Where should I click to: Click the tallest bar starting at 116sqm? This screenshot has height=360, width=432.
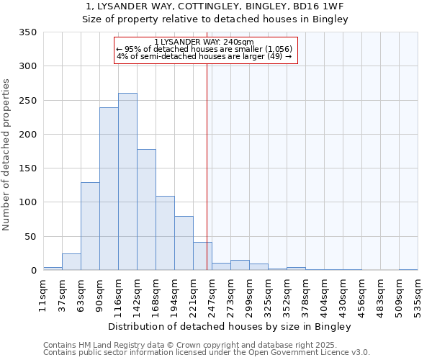coord(127,181)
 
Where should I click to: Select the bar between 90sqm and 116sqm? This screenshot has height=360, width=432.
coord(109,189)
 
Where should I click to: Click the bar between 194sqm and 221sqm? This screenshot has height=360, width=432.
coord(184,243)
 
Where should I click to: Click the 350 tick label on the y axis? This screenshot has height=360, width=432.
coord(27,32)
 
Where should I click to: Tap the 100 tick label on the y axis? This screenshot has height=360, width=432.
coord(27,202)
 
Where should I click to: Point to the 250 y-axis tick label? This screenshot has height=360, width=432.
coord(27,101)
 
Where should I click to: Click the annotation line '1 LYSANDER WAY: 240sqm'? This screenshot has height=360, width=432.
coord(204,42)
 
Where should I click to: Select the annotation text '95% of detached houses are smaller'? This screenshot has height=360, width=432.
coord(204,50)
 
